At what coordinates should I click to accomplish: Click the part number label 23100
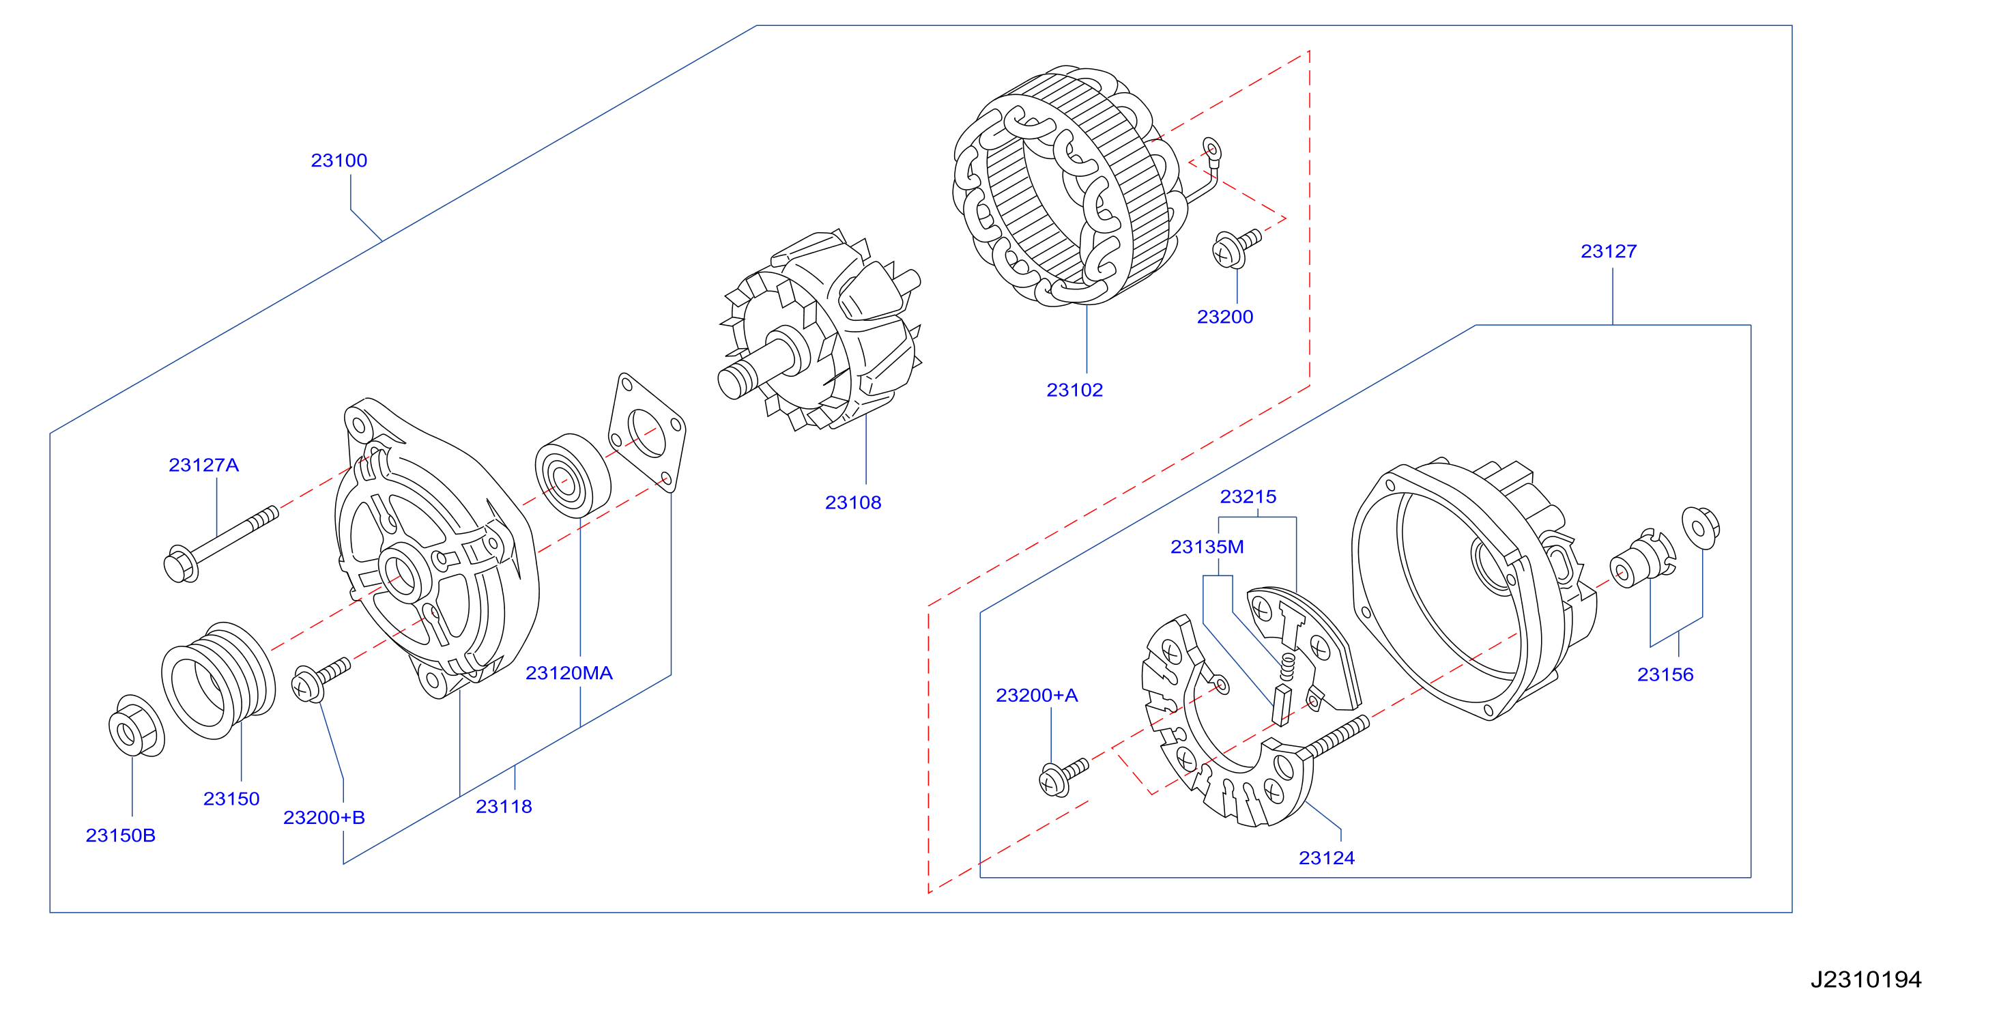coord(339,160)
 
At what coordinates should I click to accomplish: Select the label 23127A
coord(203,465)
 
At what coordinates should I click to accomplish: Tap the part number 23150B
coord(120,836)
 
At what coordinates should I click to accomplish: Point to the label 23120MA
coord(569,673)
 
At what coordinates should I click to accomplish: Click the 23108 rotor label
coord(853,502)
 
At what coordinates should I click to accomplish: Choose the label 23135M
coord(1207,547)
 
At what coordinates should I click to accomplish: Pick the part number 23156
coord(1665,674)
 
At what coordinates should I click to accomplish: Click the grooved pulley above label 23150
coord(218,680)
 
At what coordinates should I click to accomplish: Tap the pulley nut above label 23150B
coord(136,726)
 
